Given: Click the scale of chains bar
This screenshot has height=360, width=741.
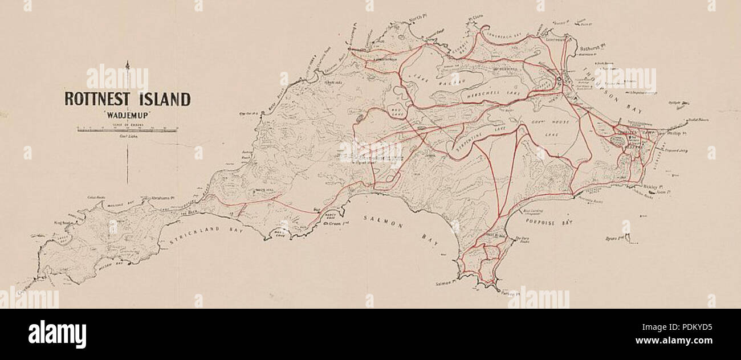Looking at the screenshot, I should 127,130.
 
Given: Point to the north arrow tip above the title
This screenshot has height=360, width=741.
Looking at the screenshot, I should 127,62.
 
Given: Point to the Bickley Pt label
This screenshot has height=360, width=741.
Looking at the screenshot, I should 650,186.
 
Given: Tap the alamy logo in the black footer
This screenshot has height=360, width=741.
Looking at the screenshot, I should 57,334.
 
